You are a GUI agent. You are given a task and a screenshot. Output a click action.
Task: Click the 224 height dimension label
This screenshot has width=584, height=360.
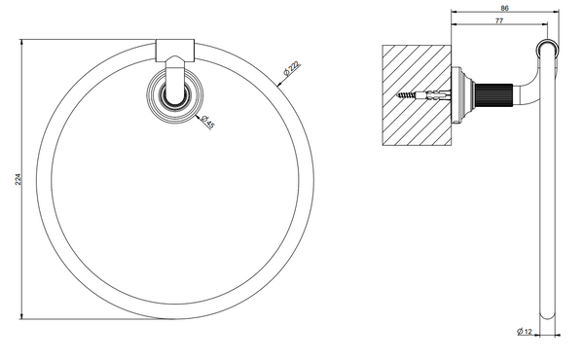[18, 179]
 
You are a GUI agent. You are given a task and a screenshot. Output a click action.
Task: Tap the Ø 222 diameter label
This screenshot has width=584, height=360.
[291, 69]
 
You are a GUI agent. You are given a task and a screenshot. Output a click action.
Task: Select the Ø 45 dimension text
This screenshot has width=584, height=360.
[207, 122]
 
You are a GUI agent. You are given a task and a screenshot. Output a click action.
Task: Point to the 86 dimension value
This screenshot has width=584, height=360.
[504, 8]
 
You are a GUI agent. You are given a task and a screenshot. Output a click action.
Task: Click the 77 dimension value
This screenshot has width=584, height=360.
[499, 20]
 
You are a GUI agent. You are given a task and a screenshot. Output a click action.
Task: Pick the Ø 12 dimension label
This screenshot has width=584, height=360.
[525, 331]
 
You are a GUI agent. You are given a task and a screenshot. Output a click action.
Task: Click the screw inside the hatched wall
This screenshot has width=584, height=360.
[423, 95]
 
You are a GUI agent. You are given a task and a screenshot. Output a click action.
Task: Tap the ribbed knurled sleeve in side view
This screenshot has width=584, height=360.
[494, 95]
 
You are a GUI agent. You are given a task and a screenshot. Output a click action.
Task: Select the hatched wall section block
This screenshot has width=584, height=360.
[417, 95]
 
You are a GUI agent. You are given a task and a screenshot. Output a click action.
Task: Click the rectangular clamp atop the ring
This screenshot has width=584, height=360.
[174, 50]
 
